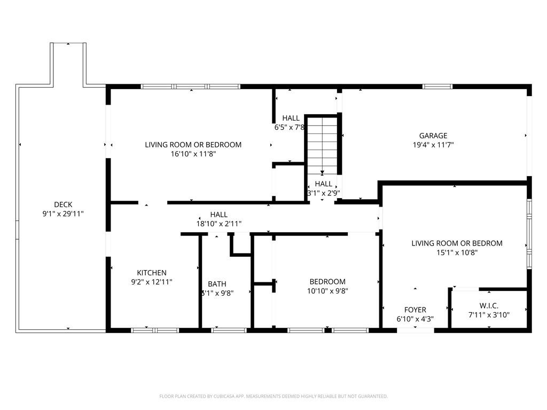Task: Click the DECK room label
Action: pyautogui.click(x=63, y=204)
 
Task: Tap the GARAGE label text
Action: pyautogui.click(x=433, y=136)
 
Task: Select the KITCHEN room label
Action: pyautogui.click(x=152, y=273)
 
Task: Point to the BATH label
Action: pyautogui.click(x=217, y=284)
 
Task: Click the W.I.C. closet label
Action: pyautogui.click(x=489, y=306)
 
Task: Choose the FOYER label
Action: pyautogui.click(x=415, y=310)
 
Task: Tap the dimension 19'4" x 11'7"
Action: pyautogui.click(x=433, y=145)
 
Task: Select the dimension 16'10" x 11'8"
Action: pyautogui.click(x=193, y=154)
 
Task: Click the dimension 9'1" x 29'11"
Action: pyautogui.click(x=63, y=214)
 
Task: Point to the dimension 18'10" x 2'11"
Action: pyautogui.click(x=218, y=224)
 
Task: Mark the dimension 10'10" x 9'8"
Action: pyautogui.click(x=327, y=291)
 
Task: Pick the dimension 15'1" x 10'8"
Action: pyautogui.click(x=457, y=253)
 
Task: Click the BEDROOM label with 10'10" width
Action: pyautogui.click(x=327, y=281)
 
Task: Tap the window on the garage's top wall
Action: pyautogui.click(x=437, y=86)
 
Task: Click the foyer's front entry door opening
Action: pyautogui.click(x=415, y=330)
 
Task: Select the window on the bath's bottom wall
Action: pyautogui.click(x=229, y=330)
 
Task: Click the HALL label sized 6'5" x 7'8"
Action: pyautogui.click(x=291, y=118)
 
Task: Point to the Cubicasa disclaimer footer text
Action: pyautogui.click(x=273, y=396)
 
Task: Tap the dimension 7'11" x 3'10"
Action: pyautogui.click(x=489, y=315)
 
